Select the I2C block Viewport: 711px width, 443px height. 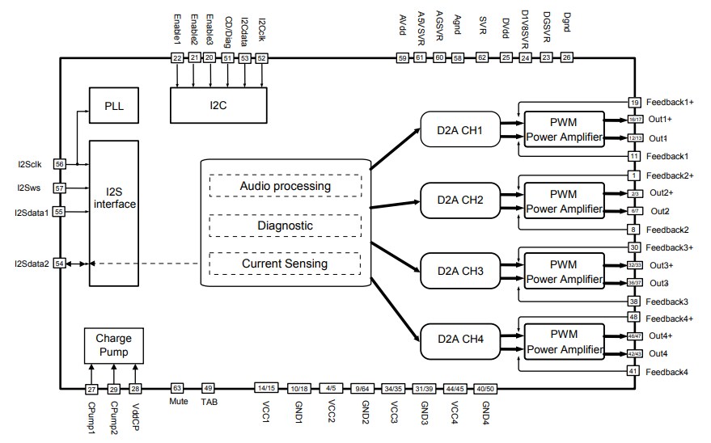(x=218, y=105)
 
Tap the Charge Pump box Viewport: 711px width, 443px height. (x=113, y=345)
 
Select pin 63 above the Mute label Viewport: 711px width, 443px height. (x=178, y=388)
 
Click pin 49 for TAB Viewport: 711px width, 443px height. (x=208, y=388)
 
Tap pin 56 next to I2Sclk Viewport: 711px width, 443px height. (x=60, y=163)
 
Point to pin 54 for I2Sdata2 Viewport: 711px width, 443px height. (x=60, y=264)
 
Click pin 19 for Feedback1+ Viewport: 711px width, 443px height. (x=635, y=103)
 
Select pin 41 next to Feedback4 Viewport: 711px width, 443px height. (x=635, y=370)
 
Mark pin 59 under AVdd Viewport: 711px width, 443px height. (x=402, y=57)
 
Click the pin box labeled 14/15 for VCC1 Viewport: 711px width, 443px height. (x=266, y=388)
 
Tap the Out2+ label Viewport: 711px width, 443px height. (x=660, y=192)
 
